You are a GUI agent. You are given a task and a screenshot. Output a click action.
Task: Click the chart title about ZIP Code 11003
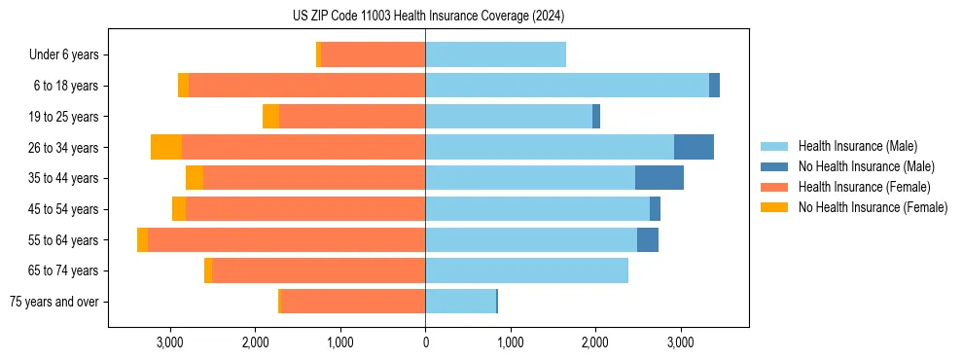(428, 17)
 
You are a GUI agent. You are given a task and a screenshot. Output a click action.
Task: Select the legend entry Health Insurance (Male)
(856, 147)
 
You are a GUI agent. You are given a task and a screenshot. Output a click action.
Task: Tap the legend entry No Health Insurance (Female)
(871, 207)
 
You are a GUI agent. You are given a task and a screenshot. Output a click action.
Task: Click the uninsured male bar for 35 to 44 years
(660, 178)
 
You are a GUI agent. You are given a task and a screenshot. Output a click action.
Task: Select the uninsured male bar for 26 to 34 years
(694, 147)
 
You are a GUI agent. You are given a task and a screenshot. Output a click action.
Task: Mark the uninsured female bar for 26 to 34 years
(166, 147)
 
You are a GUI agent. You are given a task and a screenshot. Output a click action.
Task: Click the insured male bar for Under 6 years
(495, 54)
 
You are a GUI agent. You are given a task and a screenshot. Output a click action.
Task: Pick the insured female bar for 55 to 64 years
(286, 239)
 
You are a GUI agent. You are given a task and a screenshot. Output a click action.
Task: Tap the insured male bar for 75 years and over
(460, 302)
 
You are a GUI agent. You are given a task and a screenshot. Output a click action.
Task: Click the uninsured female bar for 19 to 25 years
(270, 117)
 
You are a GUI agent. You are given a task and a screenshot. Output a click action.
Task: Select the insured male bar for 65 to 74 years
(526, 270)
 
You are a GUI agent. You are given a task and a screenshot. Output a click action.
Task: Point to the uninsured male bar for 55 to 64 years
(648, 239)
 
